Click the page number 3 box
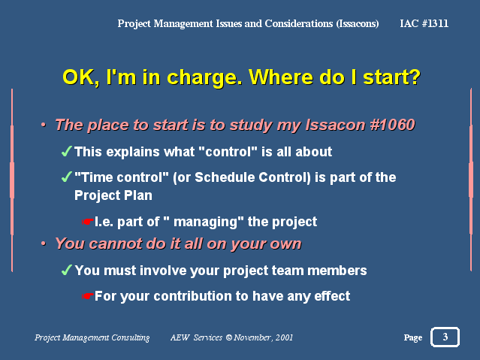pos(445,337)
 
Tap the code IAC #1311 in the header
pos(424,23)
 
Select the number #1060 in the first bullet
pos(392,125)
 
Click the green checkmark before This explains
pos(66,151)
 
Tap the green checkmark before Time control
pos(66,177)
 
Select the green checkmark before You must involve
pos(66,270)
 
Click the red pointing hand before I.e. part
pos(88,222)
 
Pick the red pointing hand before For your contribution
pos(88,296)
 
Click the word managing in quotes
pos(205,222)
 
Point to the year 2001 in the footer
pos(284,337)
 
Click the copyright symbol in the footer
pos(228,337)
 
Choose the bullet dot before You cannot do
pos(44,244)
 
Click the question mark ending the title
pos(415,77)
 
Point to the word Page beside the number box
pos(413,337)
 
